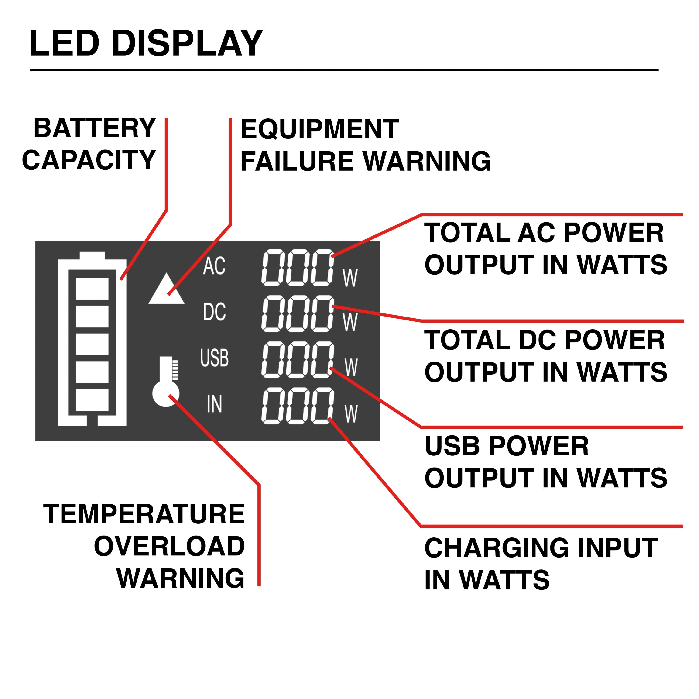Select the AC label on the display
point(214,266)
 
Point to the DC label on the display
point(214,312)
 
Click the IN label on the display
point(214,404)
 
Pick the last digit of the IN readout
point(321,405)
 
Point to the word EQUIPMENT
point(319,130)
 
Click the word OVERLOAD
point(169,546)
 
